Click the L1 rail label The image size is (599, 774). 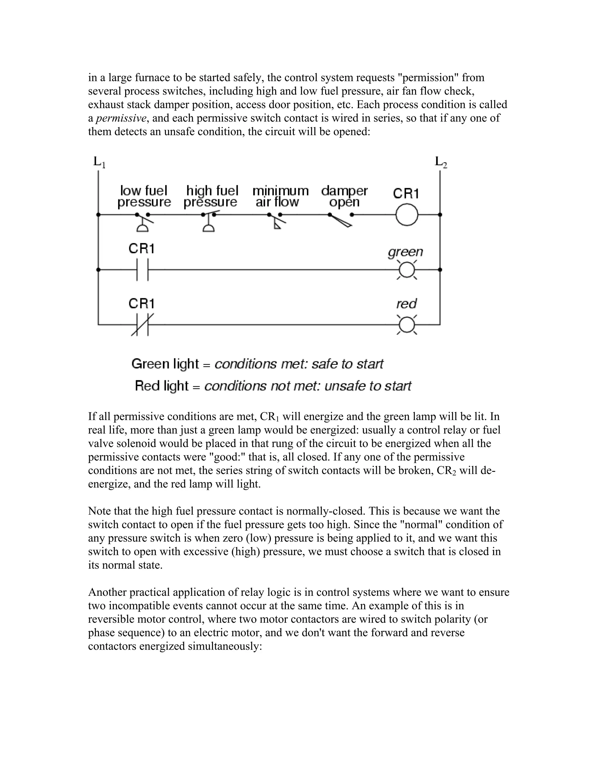[x=99, y=162]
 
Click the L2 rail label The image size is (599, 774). [x=441, y=162]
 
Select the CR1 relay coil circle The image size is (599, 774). [x=407, y=215]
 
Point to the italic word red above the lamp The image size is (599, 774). [x=406, y=304]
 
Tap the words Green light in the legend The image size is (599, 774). [x=165, y=364]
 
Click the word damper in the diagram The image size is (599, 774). [x=344, y=191]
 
